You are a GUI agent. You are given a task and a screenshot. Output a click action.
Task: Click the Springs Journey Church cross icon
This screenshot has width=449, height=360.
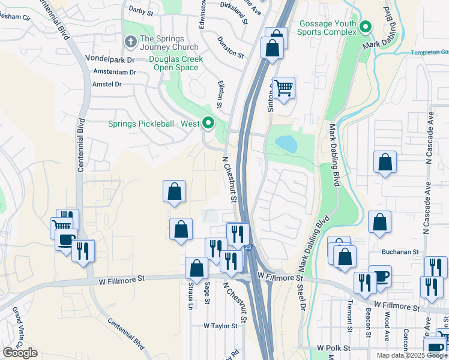tap(130, 42)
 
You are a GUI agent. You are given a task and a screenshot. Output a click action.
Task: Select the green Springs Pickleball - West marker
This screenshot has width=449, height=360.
tap(208, 124)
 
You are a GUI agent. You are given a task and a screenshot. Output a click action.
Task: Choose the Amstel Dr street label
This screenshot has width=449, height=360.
tap(107, 85)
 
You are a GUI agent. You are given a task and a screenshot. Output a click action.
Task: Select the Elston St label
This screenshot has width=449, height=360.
tap(220, 95)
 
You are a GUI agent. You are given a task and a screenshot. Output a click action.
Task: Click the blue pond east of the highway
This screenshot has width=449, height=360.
tap(286, 144)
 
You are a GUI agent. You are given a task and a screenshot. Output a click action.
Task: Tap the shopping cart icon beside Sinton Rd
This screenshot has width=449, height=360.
tap(283, 88)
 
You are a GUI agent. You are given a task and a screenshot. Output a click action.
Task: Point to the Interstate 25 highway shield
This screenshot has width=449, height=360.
tap(249, 247)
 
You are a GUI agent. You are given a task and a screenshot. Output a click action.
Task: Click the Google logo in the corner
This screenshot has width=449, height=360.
tap(20, 353)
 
